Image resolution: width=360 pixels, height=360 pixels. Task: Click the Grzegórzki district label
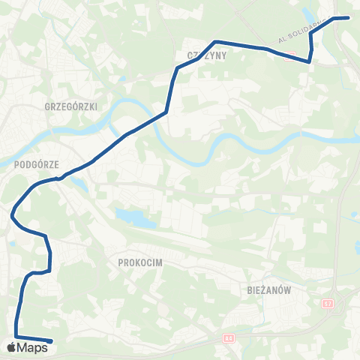[x=71, y=107]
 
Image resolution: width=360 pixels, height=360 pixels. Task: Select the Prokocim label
[x=140, y=262]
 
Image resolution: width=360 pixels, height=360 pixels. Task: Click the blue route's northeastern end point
[x=349, y=17]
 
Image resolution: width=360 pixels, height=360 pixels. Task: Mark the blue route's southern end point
[x=50, y=341]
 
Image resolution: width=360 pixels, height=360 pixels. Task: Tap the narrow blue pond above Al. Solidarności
[x=310, y=14]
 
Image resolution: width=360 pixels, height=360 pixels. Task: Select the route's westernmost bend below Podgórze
[x=13, y=217]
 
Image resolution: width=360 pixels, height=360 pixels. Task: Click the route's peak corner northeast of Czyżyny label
[x=216, y=41]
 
